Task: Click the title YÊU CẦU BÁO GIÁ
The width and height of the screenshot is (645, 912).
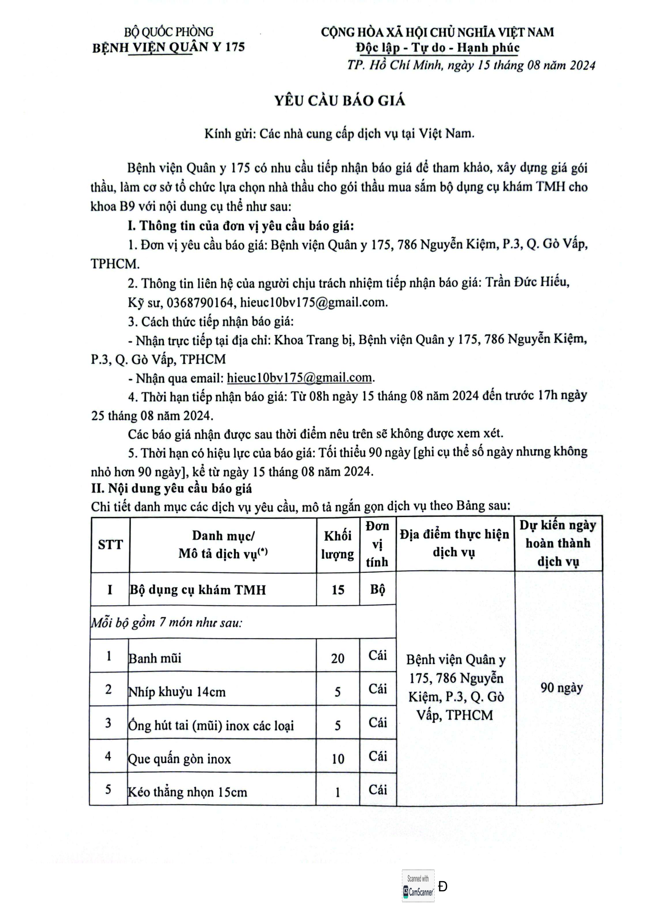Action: click(x=340, y=101)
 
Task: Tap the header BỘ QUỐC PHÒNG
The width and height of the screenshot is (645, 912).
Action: click(x=169, y=32)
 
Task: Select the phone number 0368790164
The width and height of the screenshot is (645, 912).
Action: click(x=200, y=303)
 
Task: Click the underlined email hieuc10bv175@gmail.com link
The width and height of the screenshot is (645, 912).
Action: click(x=299, y=377)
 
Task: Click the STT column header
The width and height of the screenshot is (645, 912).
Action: click(x=110, y=545)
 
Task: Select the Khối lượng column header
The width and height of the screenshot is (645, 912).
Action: click(x=338, y=545)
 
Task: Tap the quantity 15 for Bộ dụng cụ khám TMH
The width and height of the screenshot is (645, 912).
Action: click(x=338, y=590)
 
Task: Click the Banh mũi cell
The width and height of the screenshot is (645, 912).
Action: click(x=155, y=658)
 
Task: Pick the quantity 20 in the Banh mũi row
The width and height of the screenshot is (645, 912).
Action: click(x=338, y=659)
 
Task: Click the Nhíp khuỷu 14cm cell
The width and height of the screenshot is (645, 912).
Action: click(x=177, y=692)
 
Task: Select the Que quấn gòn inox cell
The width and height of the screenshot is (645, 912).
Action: click(x=179, y=759)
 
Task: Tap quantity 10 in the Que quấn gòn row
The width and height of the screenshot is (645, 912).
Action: click(x=338, y=759)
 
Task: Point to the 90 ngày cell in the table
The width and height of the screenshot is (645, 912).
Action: click(x=561, y=687)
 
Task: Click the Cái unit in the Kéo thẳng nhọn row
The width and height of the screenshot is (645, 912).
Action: click(x=378, y=790)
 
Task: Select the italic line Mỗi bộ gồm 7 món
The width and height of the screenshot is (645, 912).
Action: click(x=167, y=623)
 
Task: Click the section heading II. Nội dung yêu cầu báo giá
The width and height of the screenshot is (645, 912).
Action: click(x=171, y=489)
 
